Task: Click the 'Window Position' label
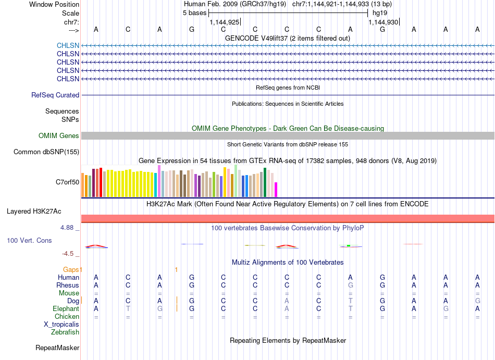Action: [x=54, y=4]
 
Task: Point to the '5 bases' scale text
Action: [x=194, y=13]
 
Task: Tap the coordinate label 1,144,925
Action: [x=225, y=22]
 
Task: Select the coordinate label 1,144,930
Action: [x=383, y=22]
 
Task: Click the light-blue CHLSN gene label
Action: [x=68, y=45]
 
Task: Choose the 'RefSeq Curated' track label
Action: [x=55, y=95]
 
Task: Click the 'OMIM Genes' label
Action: [x=59, y=135]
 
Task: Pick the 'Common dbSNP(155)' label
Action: [x=46, y=152]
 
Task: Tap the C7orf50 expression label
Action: [x=68, y=182]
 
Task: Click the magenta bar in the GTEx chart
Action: [x=276, y=190]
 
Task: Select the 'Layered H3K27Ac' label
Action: [x=34, y=211]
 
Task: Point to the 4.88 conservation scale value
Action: [x=67, y=228]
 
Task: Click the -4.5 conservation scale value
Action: [x=68, y=254]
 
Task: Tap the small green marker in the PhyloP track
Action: [x=349, y=245]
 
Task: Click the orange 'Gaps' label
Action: [x=71, y=269]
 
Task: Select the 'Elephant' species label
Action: [x=66, y=308]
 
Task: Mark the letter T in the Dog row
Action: [x=351, y=301]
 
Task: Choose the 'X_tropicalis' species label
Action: [x=61, y=325]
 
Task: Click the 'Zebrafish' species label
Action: [x=65, y=332]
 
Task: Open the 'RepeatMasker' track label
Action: [x=57, y=347]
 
